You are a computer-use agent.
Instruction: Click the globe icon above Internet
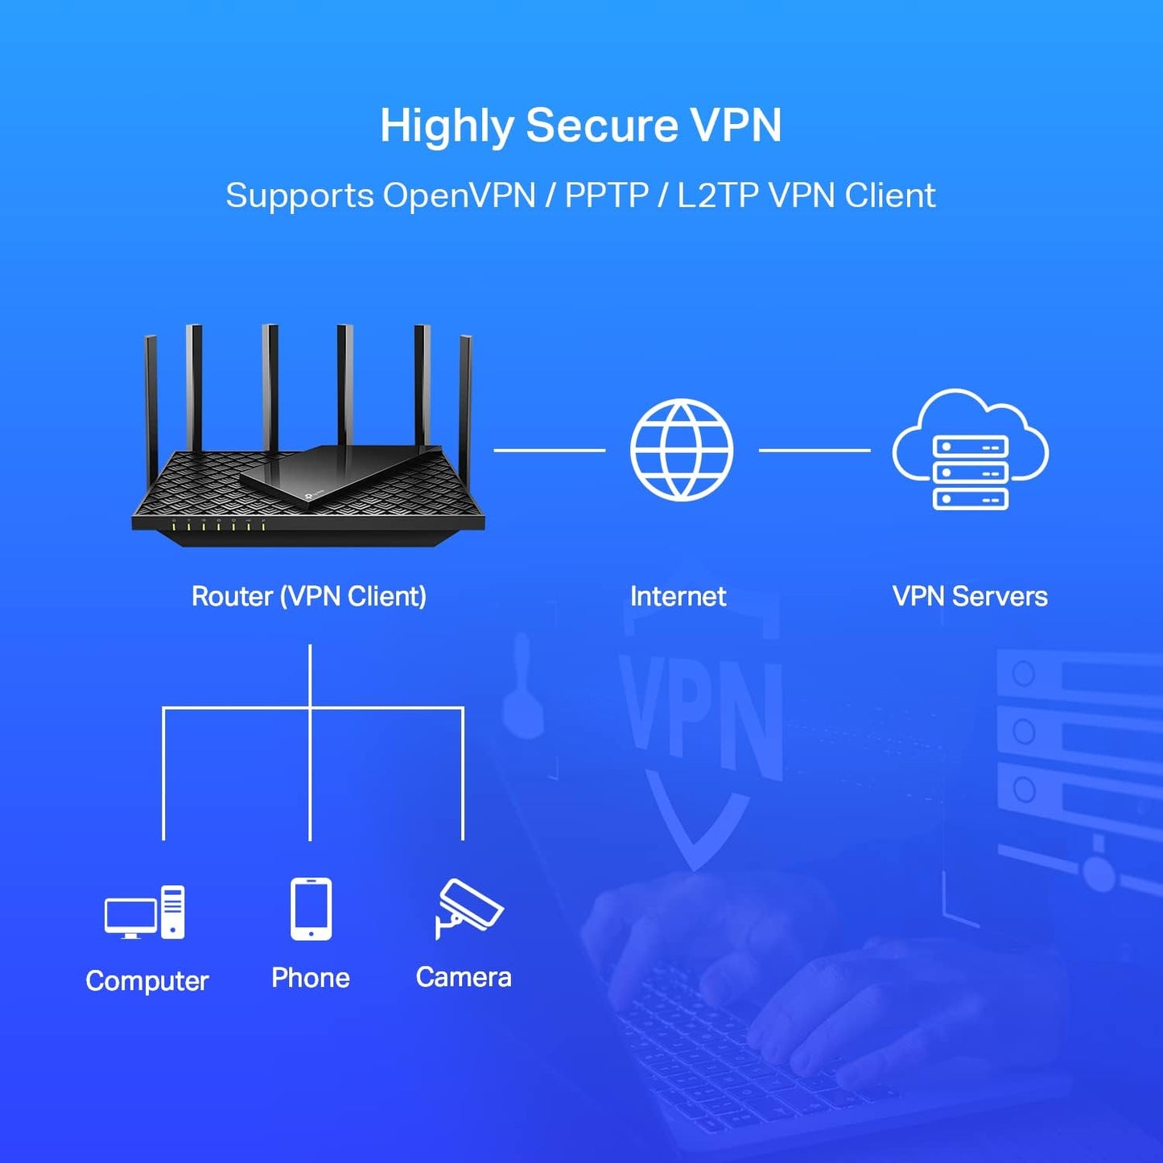pos(681,450)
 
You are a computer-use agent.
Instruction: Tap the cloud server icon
pos(970,451)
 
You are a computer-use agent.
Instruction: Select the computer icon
pos(145,913)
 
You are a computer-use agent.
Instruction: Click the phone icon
pos(311,909)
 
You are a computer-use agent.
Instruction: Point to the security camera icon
pos(468,909)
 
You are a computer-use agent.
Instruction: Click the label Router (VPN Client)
pos(309,596)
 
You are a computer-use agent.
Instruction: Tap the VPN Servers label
pos(970,596)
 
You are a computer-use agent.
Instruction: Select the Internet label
pos(678,596)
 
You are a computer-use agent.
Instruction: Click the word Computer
pos(147,981)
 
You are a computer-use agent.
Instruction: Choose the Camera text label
pos(464,977)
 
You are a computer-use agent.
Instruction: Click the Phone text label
pos(311,978)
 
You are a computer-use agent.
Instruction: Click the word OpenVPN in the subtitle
pos(459,196)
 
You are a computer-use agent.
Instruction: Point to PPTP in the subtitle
pos(606,196)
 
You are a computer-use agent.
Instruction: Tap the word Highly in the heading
pos(447,127)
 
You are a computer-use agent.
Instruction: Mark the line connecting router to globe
pos(549,451)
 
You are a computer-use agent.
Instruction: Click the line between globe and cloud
pos(815,451)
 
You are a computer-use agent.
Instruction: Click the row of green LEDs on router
pos(218,526)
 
